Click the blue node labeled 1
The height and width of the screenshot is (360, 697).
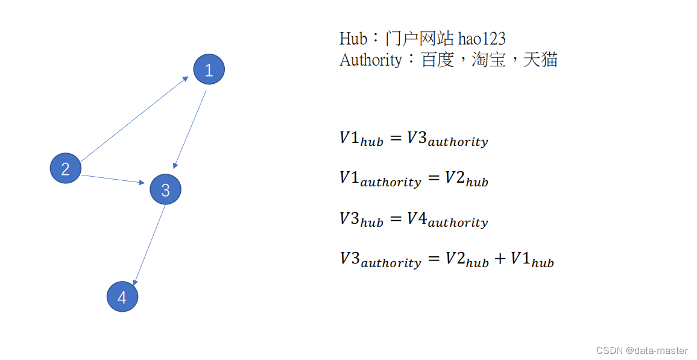[209, 70]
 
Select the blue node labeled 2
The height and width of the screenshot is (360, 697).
[65, 168]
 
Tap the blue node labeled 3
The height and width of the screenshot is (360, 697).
[165, 189]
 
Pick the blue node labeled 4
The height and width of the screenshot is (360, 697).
[122, 297]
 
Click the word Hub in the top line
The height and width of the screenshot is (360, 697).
[353, 39]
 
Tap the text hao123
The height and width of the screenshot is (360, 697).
[482, 39]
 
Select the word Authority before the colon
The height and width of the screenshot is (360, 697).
[370, 60]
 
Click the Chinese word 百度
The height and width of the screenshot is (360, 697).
[437, 60]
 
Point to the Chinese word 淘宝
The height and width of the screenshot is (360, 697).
[489, 60]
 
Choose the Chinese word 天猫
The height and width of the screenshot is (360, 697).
[541, 60]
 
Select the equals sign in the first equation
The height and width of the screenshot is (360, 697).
[395, 138]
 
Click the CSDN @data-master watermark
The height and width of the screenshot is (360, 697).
[642, 350]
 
